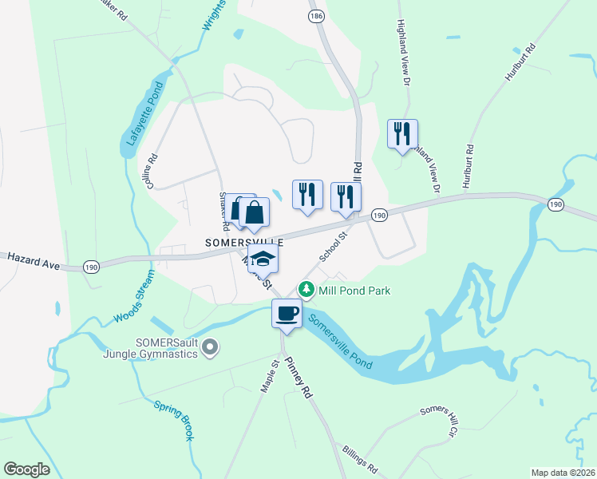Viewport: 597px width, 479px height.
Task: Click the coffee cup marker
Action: pos(287,312)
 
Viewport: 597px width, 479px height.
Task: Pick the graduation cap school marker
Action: pos(263,258)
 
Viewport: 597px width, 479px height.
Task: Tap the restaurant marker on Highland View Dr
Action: pos(402,133)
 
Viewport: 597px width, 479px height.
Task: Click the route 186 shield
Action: pos(317,15)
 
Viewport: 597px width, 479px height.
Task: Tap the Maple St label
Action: pos(269,375)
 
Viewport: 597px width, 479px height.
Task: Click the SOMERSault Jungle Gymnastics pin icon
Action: pos(210,347)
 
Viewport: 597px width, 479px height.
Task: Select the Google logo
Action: pos(27,469)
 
